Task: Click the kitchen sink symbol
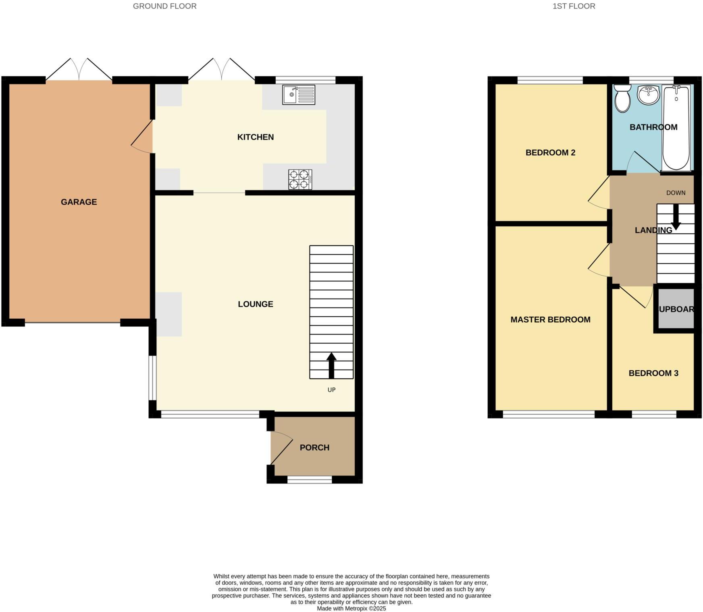(298, 95)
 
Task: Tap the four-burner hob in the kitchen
(300, 179)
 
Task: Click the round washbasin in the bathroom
(648, 95)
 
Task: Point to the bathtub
(676, 127)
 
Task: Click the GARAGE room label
(79, 202)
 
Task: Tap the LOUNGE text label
(255, 304)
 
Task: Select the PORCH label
(314, 448)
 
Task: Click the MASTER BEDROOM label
(550, 319)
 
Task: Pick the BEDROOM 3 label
(653, 373)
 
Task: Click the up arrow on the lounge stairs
(331, 365)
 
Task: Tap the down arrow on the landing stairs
(676, 218)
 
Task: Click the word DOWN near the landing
(676, 193)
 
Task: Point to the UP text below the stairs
(331, 390)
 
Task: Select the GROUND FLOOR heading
(164, 6)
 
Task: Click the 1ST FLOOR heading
(574, 6)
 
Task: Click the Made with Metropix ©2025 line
(351, 608)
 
